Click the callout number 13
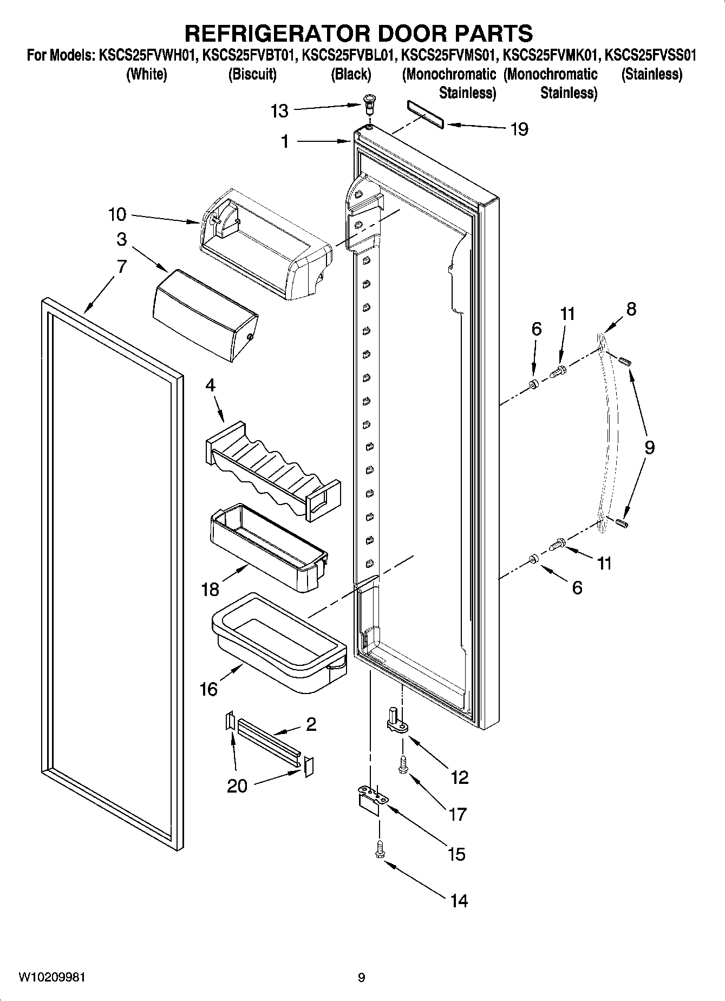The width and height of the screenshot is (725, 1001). click(x=279, y=112)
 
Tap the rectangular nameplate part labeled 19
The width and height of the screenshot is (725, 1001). click(x=425, y=115)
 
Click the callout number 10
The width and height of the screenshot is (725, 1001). click(x=117, y=214)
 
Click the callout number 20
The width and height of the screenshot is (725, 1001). click(x=237, y=786)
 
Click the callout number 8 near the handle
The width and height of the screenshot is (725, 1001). click(x=631, y=309)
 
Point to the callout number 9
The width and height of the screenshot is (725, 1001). click(x=649, y=447)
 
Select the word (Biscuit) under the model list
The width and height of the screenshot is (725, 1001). click(x=252, y=74)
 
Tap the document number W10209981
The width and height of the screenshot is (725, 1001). click(x=52, y=977)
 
